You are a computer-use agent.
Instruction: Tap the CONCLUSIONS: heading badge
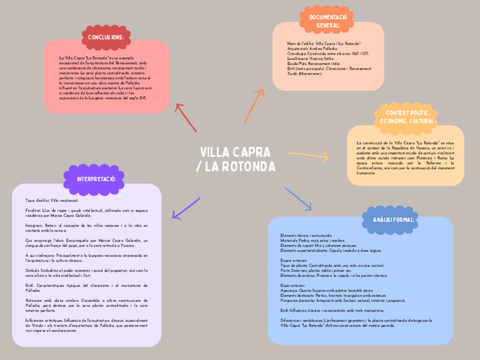pyautogui.click(x=105, y=37)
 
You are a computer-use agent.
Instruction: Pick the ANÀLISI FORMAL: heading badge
pyautogui.click(x=394, y=220)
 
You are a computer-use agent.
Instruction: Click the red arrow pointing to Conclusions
pyautogui.click(x=186, y=117)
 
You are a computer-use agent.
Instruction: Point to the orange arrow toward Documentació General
pyautogui.click(x=255, y=105)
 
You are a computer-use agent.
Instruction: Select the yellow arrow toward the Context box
pyautogui.click(x=308, y=156)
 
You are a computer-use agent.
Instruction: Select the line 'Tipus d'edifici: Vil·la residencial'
pyautogui.click(x=52, y=200)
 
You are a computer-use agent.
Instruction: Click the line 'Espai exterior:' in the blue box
pyautogui.click(x=293, y=286)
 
